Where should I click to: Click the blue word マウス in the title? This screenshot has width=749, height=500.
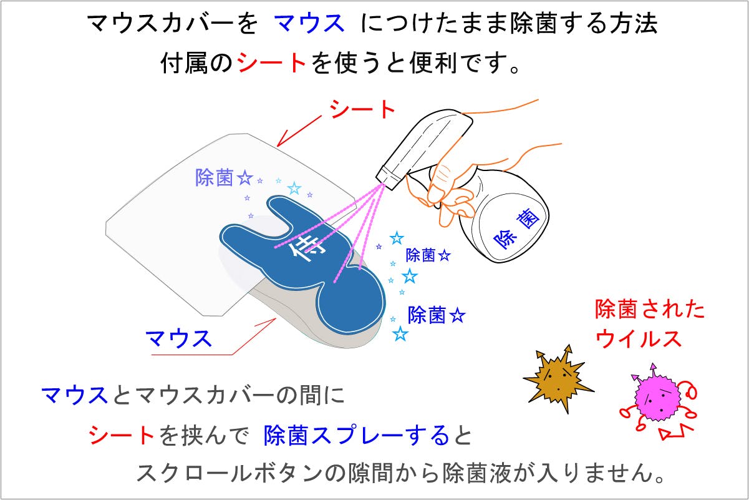pyautogui.click(x=309, y=24)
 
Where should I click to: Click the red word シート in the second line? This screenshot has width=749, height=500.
pyautogui.click(x=271, y=62)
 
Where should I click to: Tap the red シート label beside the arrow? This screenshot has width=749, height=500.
pyautogui.click(x=362, y=109)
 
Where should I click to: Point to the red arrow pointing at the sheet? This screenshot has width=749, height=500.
pyautogui.click(x=299, y=131)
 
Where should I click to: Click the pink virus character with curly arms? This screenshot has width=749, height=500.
pyautogui.click(x=658, y=401)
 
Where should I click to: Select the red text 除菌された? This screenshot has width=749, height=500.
pyautogui.click(x=649, y=308)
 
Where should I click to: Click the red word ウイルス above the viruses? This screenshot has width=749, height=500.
pyautogui.click(x=638, y=339)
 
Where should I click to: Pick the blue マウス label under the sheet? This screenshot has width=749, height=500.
pyautogui.click(x=178, y=339)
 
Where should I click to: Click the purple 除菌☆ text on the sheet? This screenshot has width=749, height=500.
pyautogui.click(x=224, y=177)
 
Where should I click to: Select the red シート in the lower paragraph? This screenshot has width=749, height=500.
pyautogui.click(x=121, y=435)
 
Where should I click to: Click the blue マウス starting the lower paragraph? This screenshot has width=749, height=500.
pyautogui.click(x=74, y=395)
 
